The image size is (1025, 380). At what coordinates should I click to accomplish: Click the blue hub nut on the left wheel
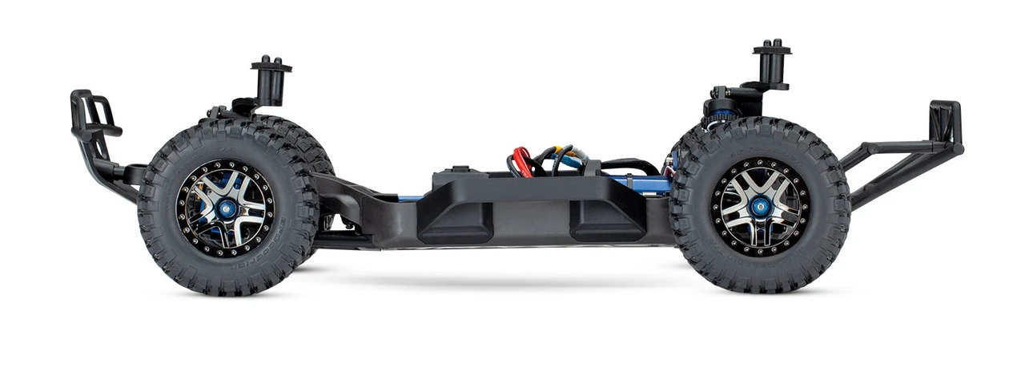click(x=227, y=208)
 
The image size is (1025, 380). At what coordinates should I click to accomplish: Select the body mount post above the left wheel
click(x=271, y=81)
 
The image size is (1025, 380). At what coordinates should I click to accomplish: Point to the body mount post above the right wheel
click(x=771, y=63)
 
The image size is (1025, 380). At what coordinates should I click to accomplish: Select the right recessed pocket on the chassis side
click(x=605, y=219)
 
